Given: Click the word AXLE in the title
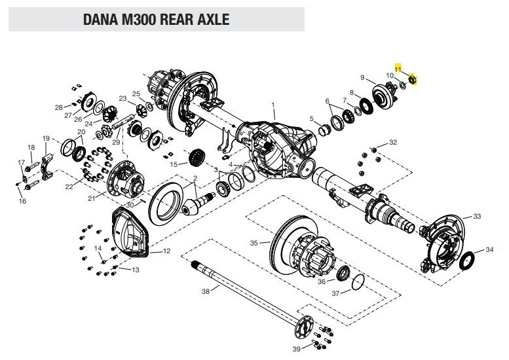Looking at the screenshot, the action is point(213,19).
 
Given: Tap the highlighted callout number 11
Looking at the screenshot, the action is point(398,69).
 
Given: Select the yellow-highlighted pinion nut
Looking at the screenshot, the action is point(412,79).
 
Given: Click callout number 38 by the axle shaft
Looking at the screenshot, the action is point(206,291).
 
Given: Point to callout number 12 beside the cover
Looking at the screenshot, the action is point(166,251).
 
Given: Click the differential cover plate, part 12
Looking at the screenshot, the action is point(130,232).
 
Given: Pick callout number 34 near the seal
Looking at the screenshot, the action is point(489,249).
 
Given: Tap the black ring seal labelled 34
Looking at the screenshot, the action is point(467,260).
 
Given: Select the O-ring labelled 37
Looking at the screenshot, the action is point(358,282).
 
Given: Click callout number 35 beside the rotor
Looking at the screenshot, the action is point(254,243).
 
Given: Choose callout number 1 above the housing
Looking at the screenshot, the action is point(273,105).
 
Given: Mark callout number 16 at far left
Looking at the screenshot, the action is point(22,201).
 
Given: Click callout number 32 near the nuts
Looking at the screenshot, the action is point(393,142).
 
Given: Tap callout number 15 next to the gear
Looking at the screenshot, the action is point(174,164).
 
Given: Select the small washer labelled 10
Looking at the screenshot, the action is point(402,85).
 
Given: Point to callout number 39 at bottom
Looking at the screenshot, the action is point(296,349).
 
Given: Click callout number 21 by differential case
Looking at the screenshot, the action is point(92,198).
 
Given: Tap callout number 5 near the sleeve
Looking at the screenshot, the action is point(312,118).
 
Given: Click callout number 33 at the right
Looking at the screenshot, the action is point(477,216).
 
